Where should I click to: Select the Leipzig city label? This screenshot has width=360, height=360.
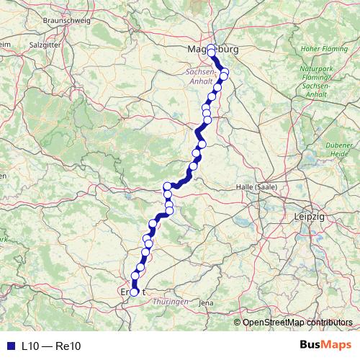pyautogui.click(x=310, y=216)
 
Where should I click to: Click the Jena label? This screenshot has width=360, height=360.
pyautogui.click(x=206, y=303)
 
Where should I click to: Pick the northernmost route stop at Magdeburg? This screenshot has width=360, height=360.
pyautogui.click(x=211, y=52)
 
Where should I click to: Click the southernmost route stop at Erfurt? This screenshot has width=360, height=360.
pyautogui.click(x=134, y=292)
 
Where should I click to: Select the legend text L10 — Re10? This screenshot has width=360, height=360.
pyautogui.click(x=51, y=346)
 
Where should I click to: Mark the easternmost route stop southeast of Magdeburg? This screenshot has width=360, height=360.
pyautogui.click(x=224, y=76)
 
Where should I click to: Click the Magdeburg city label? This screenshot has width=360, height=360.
pyautogui.click(x=212, y=49)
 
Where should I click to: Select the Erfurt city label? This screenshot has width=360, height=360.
pyautogui.click(x=134, y=292)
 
